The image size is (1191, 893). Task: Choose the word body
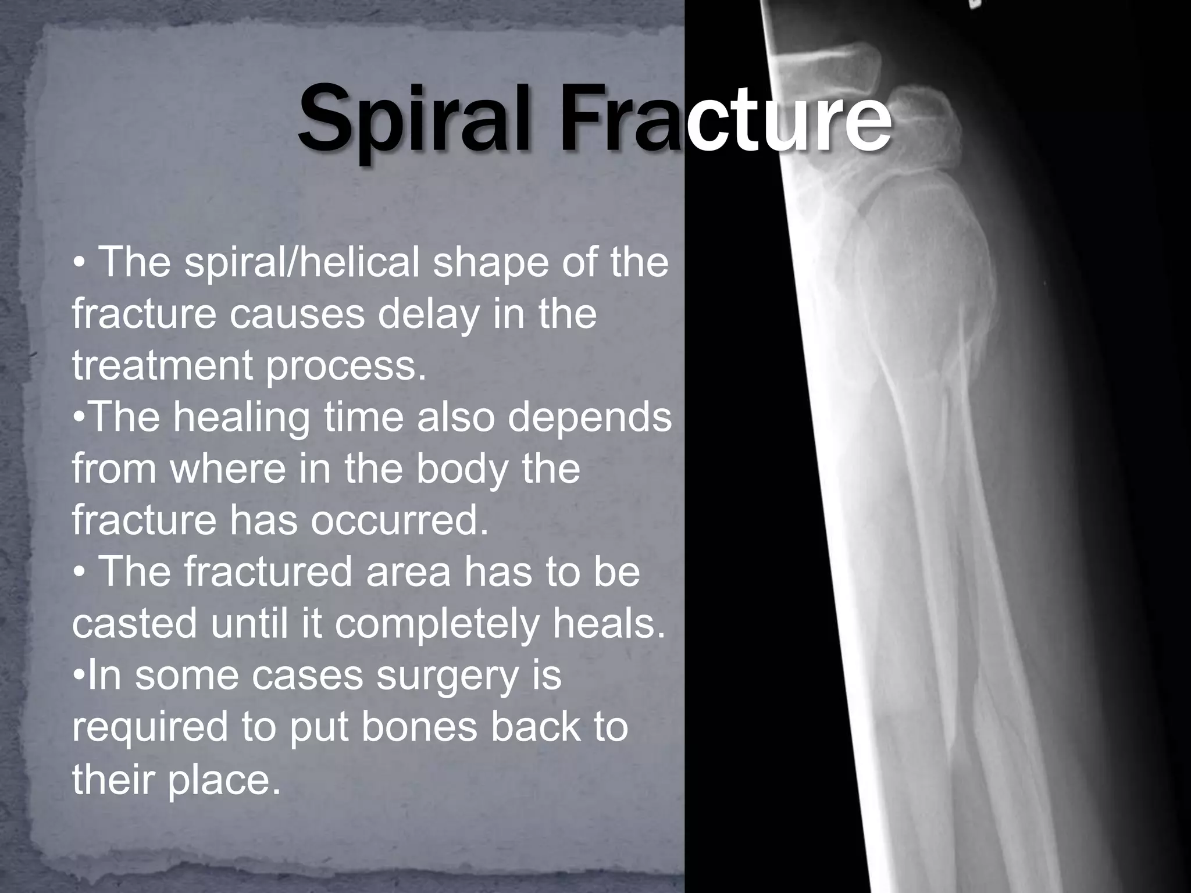coord(462,469)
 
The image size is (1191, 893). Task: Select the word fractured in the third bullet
coord(268,572)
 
